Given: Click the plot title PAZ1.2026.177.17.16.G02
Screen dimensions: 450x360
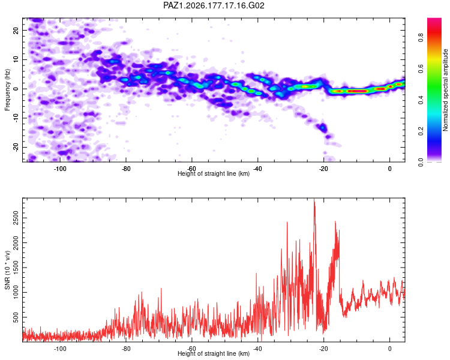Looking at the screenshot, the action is [214, 5].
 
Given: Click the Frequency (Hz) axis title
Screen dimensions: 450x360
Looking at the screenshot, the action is [7, 90].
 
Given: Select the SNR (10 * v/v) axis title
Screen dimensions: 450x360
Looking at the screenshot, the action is [7, 270].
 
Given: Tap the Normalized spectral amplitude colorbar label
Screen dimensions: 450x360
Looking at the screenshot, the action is [445, 90].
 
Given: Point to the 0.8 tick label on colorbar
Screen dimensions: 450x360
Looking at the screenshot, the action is [421, 37].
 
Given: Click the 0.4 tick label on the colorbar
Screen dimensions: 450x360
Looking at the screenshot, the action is [421, 100].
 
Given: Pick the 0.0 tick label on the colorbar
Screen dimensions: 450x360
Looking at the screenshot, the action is [421, 163].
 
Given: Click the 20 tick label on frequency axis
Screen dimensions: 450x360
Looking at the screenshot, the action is [16, 30].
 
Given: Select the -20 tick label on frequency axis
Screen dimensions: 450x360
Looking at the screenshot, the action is [16, 147].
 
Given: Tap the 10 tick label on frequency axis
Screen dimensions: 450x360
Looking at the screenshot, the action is [16, 59].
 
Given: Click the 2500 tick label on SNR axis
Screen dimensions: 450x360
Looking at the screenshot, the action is [16, 218].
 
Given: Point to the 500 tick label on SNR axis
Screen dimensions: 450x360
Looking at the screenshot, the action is [16, 317].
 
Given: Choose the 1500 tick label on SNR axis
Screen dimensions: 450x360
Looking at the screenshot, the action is [16, 268].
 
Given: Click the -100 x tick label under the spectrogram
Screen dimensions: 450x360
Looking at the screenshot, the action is [59, 169].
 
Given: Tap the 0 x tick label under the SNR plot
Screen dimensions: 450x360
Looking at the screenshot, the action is [390, 349].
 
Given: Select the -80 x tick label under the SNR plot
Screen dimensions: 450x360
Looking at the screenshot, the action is [126, 349].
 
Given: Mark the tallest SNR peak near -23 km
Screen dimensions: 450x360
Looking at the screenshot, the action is [314, 199].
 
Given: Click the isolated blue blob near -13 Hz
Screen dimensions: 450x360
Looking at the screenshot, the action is [323, 127].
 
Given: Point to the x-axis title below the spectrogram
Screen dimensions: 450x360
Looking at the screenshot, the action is [214, 173].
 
